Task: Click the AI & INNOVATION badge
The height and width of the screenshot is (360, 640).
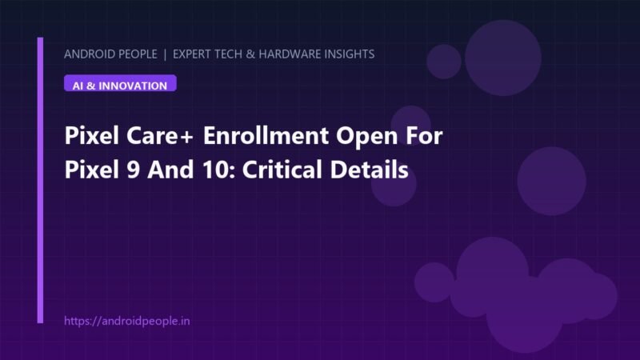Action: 120,83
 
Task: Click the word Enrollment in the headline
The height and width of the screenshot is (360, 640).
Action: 266,135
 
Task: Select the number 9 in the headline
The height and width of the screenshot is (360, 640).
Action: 133,170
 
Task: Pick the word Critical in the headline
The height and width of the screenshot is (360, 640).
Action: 282,169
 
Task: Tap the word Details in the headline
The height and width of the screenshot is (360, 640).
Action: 369,169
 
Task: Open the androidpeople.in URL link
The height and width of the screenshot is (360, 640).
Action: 127,322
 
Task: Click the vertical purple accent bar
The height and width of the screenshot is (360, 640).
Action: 40,181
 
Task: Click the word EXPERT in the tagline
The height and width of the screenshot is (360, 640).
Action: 190,54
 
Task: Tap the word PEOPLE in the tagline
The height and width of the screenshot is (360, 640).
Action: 137,54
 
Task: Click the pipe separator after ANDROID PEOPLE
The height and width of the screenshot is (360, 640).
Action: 165,54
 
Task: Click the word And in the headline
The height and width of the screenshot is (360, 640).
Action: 170,170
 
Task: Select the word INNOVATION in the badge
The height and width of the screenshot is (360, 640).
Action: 133,86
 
